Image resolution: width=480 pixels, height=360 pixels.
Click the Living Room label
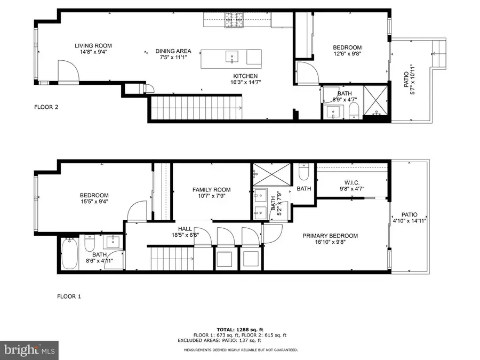click(93, 46)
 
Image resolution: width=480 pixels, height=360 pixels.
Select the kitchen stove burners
click(233, 20)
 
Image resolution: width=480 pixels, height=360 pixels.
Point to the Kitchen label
click(245, 76)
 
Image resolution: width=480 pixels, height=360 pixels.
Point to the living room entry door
click(68, 72)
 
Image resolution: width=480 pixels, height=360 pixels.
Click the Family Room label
click(212, 190)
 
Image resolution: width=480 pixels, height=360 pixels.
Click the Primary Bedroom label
click(330, 236)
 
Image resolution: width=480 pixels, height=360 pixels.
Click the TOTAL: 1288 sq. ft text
click(239, 330)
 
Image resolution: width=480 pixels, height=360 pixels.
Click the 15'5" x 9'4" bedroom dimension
click(94, 202)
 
